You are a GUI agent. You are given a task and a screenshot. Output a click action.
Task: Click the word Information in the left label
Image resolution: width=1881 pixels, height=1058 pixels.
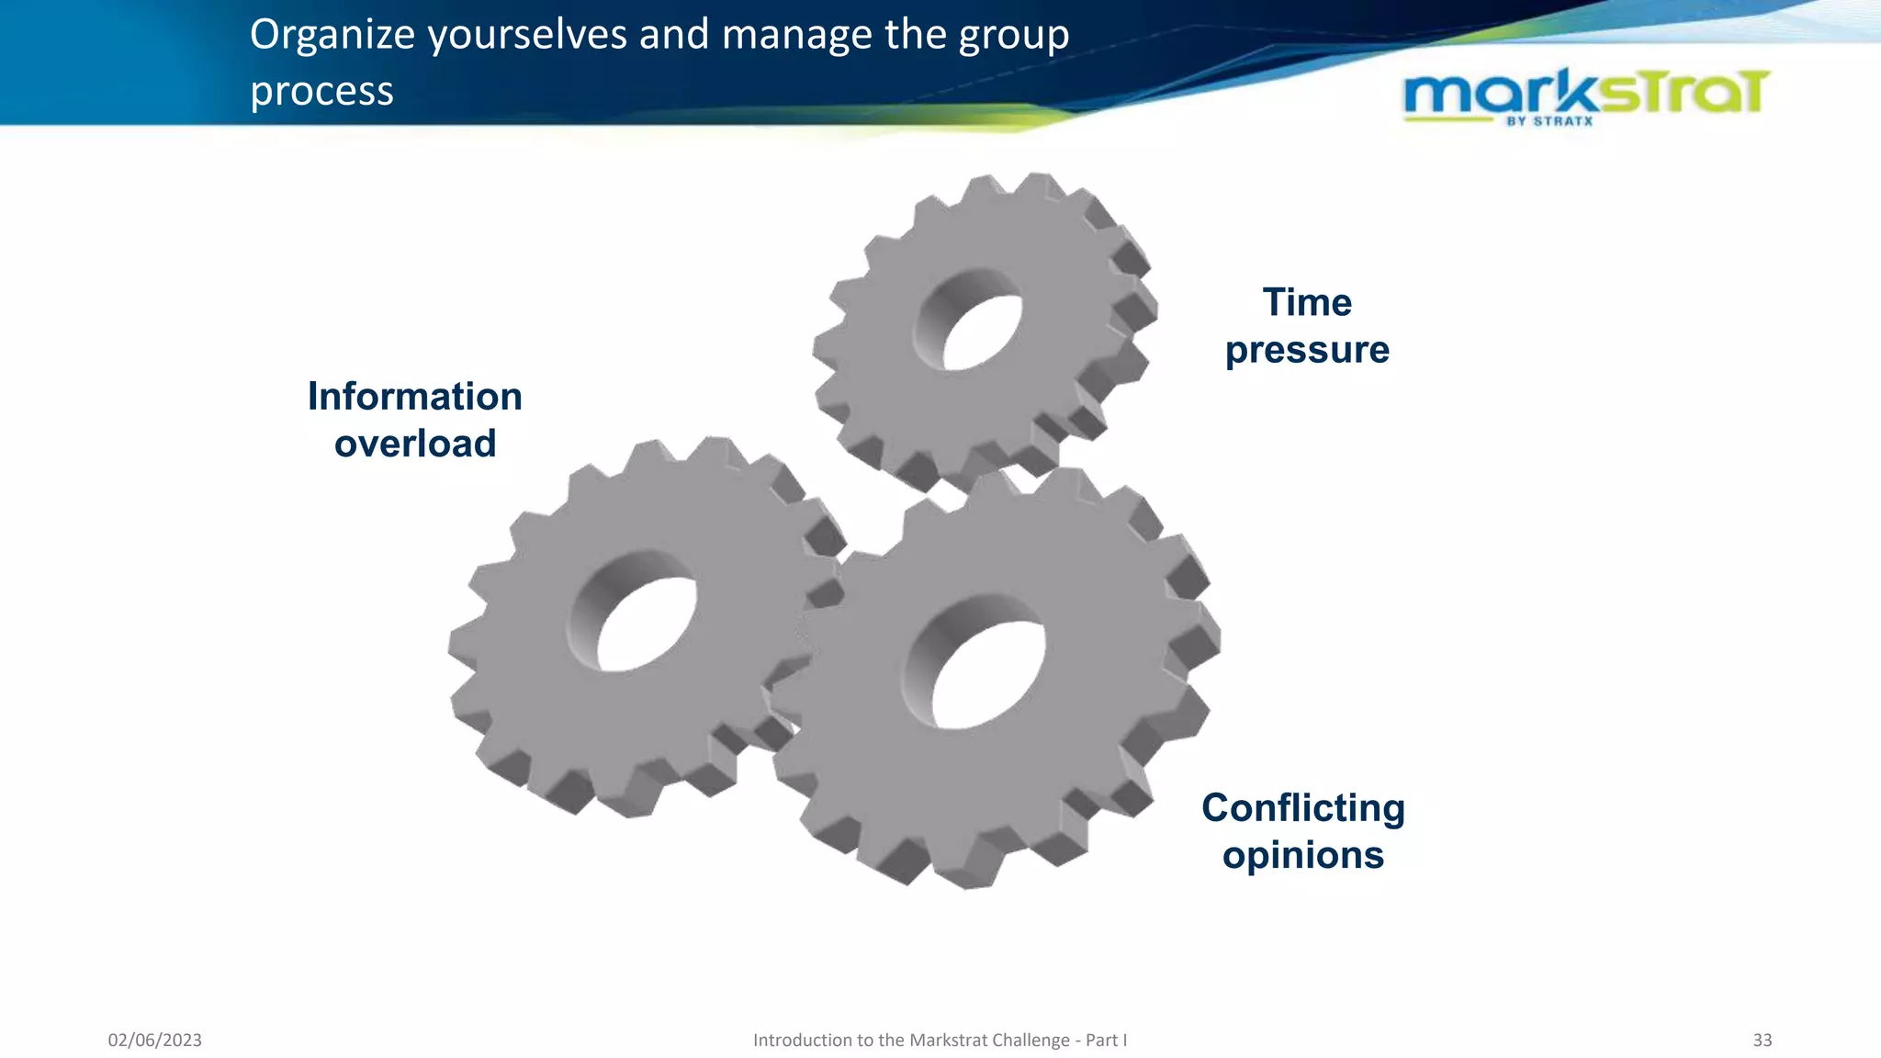click(414, 397)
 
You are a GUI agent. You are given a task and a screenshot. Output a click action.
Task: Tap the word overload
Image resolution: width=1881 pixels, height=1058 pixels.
click(415, 445)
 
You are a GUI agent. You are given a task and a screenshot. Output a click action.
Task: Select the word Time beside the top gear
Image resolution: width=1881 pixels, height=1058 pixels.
click(1307, 303)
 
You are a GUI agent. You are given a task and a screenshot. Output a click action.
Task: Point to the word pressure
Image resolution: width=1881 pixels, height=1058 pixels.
click(1307, 351)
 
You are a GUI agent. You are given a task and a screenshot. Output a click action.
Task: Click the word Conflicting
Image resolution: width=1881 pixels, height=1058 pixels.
click(1302, 808)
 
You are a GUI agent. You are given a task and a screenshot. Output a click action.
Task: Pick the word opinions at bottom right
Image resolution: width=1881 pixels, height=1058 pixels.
click(1302, 856)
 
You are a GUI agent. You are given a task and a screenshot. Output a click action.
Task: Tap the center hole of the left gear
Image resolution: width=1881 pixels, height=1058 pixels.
click(647, 625)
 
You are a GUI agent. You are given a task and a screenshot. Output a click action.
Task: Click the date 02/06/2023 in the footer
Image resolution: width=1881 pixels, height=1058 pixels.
click(154, 1040)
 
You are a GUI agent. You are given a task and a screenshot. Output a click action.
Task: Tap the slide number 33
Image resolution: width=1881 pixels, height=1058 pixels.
click(1762, 1040)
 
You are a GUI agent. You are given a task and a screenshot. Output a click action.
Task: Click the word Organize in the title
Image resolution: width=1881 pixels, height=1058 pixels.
click(332, 37)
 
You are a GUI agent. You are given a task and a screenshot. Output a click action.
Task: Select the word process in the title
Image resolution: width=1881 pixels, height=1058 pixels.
click(321, 92)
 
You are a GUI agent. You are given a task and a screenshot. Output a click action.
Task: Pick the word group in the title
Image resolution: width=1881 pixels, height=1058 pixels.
click(1014, 37)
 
